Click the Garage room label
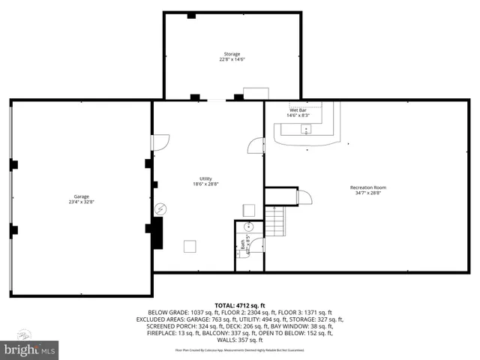(x=81, y=196)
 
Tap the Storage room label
(x=231, y=54)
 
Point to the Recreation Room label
(x=367, y=187)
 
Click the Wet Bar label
(x=298, y=110)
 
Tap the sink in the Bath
(x=249, y=226)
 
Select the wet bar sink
(x=306, y=129)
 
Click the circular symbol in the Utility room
(x=159, y=209)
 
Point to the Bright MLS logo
(x=30, y=349)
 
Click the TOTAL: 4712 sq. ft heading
(x=240, y=305)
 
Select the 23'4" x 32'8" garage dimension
(x=81, y=202)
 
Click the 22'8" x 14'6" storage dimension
(x=231, y=59)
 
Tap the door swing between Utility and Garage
(x=160, y=142)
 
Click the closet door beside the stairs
(x=304, y=197)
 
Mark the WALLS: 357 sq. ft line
(x=240, y=340)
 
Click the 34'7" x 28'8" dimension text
(x=367, y=193)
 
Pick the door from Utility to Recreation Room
(x=256, y=145)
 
